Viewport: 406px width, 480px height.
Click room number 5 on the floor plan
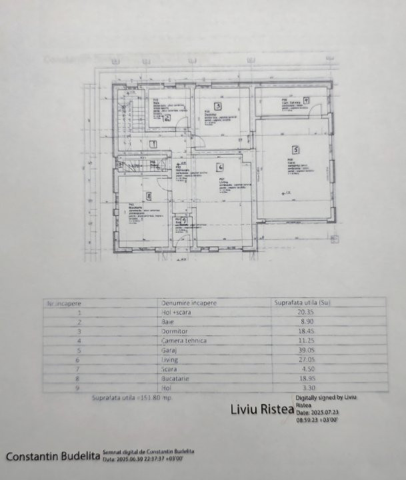point(294,149)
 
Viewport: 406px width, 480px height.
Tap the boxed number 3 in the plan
point(217,105)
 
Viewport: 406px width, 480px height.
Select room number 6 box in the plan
point(219,165)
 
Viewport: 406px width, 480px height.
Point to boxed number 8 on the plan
point(148,196)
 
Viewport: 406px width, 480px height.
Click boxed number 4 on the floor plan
point(305,100)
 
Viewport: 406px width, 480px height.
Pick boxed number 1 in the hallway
point(153,143)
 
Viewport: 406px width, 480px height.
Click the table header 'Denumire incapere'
point(189,303)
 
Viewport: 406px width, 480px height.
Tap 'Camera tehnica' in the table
point(184,341)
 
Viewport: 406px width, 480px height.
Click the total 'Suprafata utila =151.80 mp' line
point(131,398)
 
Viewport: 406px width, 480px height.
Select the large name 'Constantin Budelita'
point(53,457)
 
